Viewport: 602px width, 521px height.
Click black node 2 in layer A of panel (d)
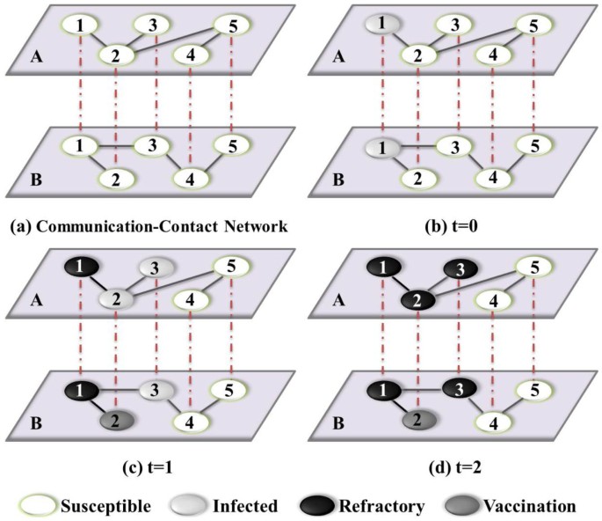pyautogui.click(x=419, y=298)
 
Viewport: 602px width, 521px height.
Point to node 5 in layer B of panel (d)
pyautogui.click(x=533, y=385)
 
